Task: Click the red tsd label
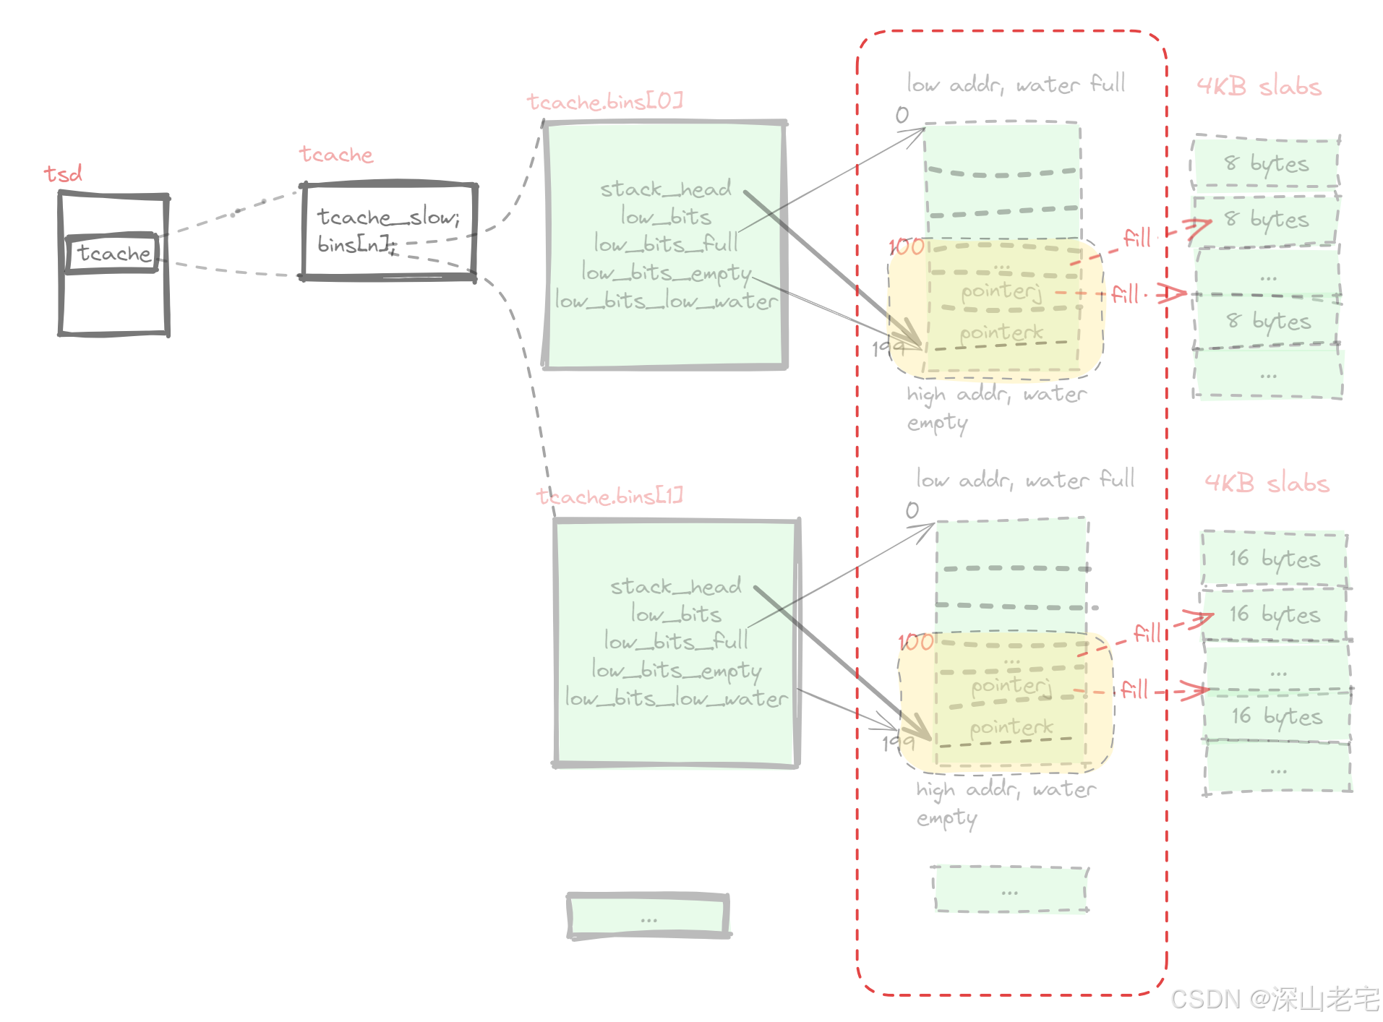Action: click(63, 173)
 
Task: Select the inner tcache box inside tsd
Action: click(112, 253)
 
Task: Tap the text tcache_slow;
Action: click(388, 217)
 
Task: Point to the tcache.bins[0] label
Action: click(604, 102)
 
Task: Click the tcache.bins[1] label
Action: click(609, 497)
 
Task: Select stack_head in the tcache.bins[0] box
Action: click(665, 189)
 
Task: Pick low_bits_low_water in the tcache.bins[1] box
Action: click(676, 698)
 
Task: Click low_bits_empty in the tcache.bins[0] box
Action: click(666, 272)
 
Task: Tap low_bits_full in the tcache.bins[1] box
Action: click(676, 642)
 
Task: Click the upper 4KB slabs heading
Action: click(1259, 87)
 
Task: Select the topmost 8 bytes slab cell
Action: click(1266, 163)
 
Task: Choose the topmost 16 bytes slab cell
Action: click(1274, 559)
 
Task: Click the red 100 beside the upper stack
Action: click(907, 247)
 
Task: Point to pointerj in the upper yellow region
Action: click(1001, 291)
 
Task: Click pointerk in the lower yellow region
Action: click(1011, 727)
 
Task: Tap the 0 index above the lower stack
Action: click(912, 510)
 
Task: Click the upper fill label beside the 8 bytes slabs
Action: click(1136, 238)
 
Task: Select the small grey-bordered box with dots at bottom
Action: click(648, 916)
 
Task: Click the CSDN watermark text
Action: click(1275, 999)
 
